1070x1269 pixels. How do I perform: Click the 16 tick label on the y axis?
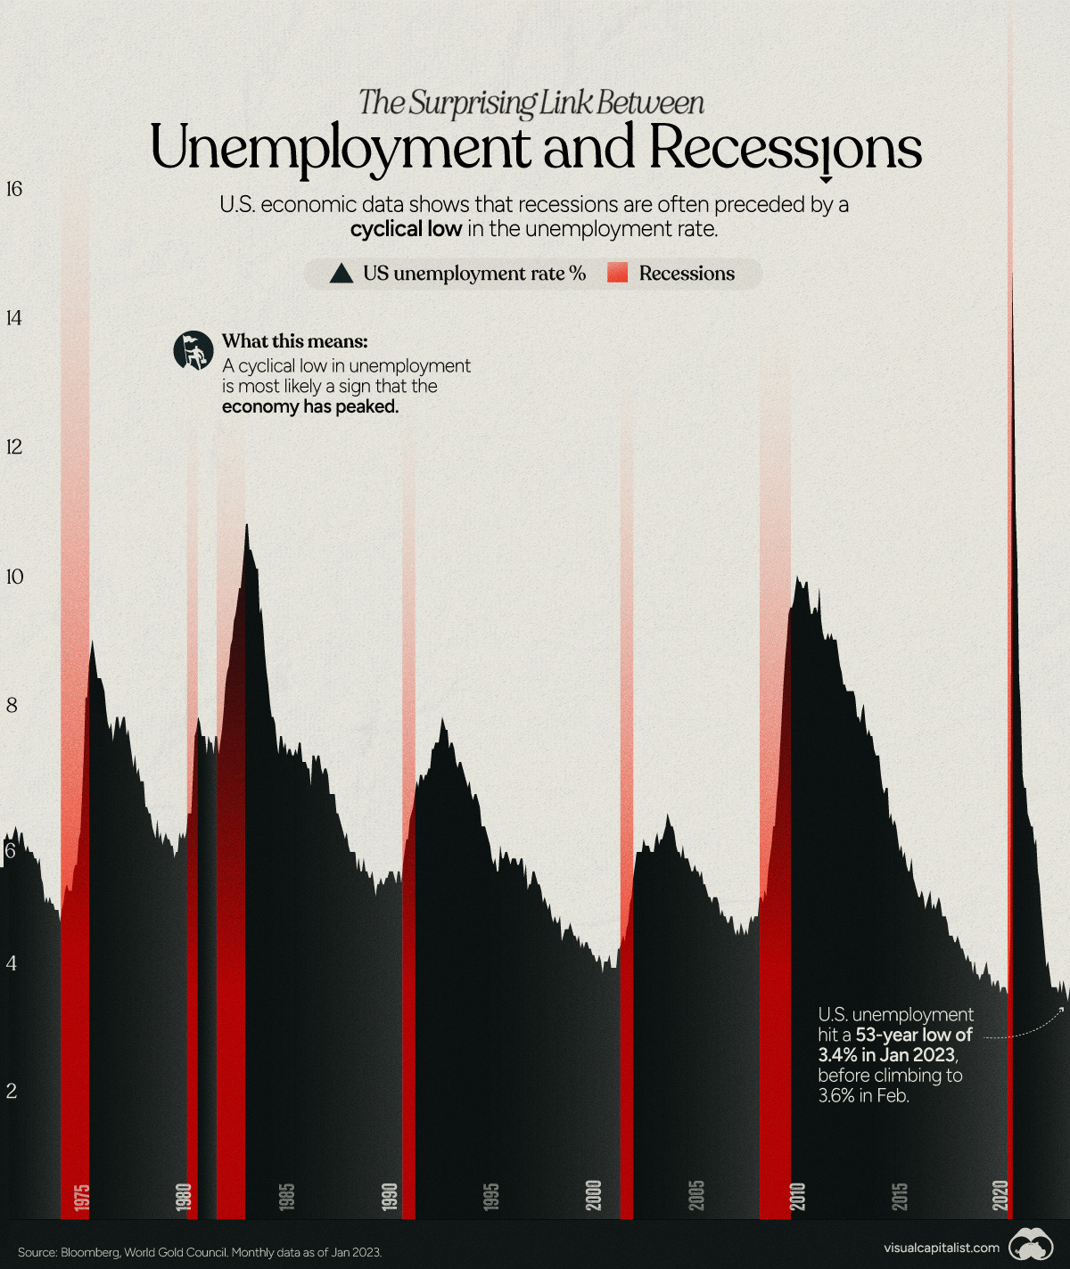click(x=13, y=189)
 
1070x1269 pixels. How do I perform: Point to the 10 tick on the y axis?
click(x=13, y=577)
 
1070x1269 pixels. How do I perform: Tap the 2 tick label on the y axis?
click(x=11, y=1091)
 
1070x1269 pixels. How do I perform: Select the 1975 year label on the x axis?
click(x=81, y=1196)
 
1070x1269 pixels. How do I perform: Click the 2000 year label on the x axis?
click(x=594, y=1195)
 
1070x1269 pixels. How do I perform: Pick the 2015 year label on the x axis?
click(x=900, y=1196)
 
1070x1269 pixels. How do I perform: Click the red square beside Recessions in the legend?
click(x=617, y=274)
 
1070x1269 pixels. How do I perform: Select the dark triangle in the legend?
click(x=342, y=274)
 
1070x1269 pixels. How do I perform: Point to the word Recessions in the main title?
click(x=785, y=148)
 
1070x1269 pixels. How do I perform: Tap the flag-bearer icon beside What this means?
click(x=193, y=350)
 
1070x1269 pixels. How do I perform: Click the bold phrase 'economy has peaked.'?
click(x=310, y=407)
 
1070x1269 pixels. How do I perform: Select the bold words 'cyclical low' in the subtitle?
click(x=406, y=229)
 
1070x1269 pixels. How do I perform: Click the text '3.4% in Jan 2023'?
click(x=887, y=1055)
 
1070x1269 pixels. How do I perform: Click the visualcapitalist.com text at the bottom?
click(x=942, y=1248)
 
